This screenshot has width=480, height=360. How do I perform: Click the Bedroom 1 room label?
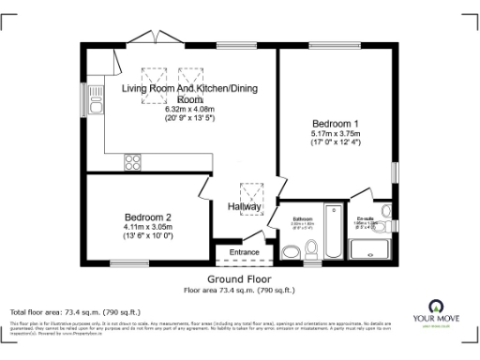pyautogui.click(x=335, y=124)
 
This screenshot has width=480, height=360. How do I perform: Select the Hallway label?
pyautogui.click(x=244, y=206)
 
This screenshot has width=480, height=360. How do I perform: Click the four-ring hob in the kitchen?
pyautogui.click(x=132, y=163)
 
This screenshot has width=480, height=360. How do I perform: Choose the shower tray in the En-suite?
pyautogui.click(x=369, y=247)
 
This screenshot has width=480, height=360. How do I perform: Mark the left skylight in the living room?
pyautogui.click(x=151, y=75)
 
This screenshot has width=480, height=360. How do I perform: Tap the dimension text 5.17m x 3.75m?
pyautogui.click(x=335, y=134)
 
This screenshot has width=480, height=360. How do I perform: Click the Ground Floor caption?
pyautogui.click(x=240, y=279)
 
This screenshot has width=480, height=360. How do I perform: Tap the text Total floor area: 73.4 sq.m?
pyautogui.click(x=75, y=310)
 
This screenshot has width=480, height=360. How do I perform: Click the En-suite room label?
pyautogui.click(x=365, y=219)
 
